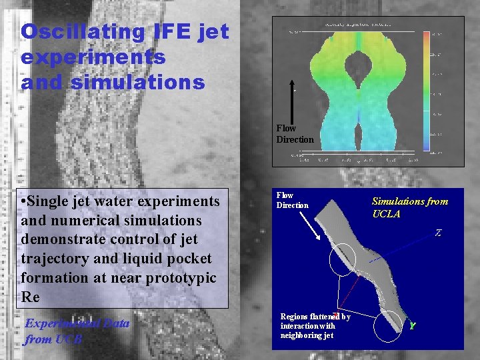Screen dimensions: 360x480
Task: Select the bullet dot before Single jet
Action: pyautogui.click(x=23, y=201)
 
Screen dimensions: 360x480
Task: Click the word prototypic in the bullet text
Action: pyautogui.click(x=180, y=277)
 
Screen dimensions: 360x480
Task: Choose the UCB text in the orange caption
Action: pyautogui.click(x=69, y=339)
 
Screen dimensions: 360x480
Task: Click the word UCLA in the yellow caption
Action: pyautogui.click(x=386, y=214)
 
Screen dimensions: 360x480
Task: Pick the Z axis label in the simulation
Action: pyautogui.click(x=438, y=233)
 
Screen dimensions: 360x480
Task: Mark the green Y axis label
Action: pyautogui.click(x=413, y=326)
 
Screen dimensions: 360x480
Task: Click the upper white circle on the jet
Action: pyautogui.click(x=343, y=259)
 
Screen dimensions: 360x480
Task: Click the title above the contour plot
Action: pyautogui.click(x=357, y=25)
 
